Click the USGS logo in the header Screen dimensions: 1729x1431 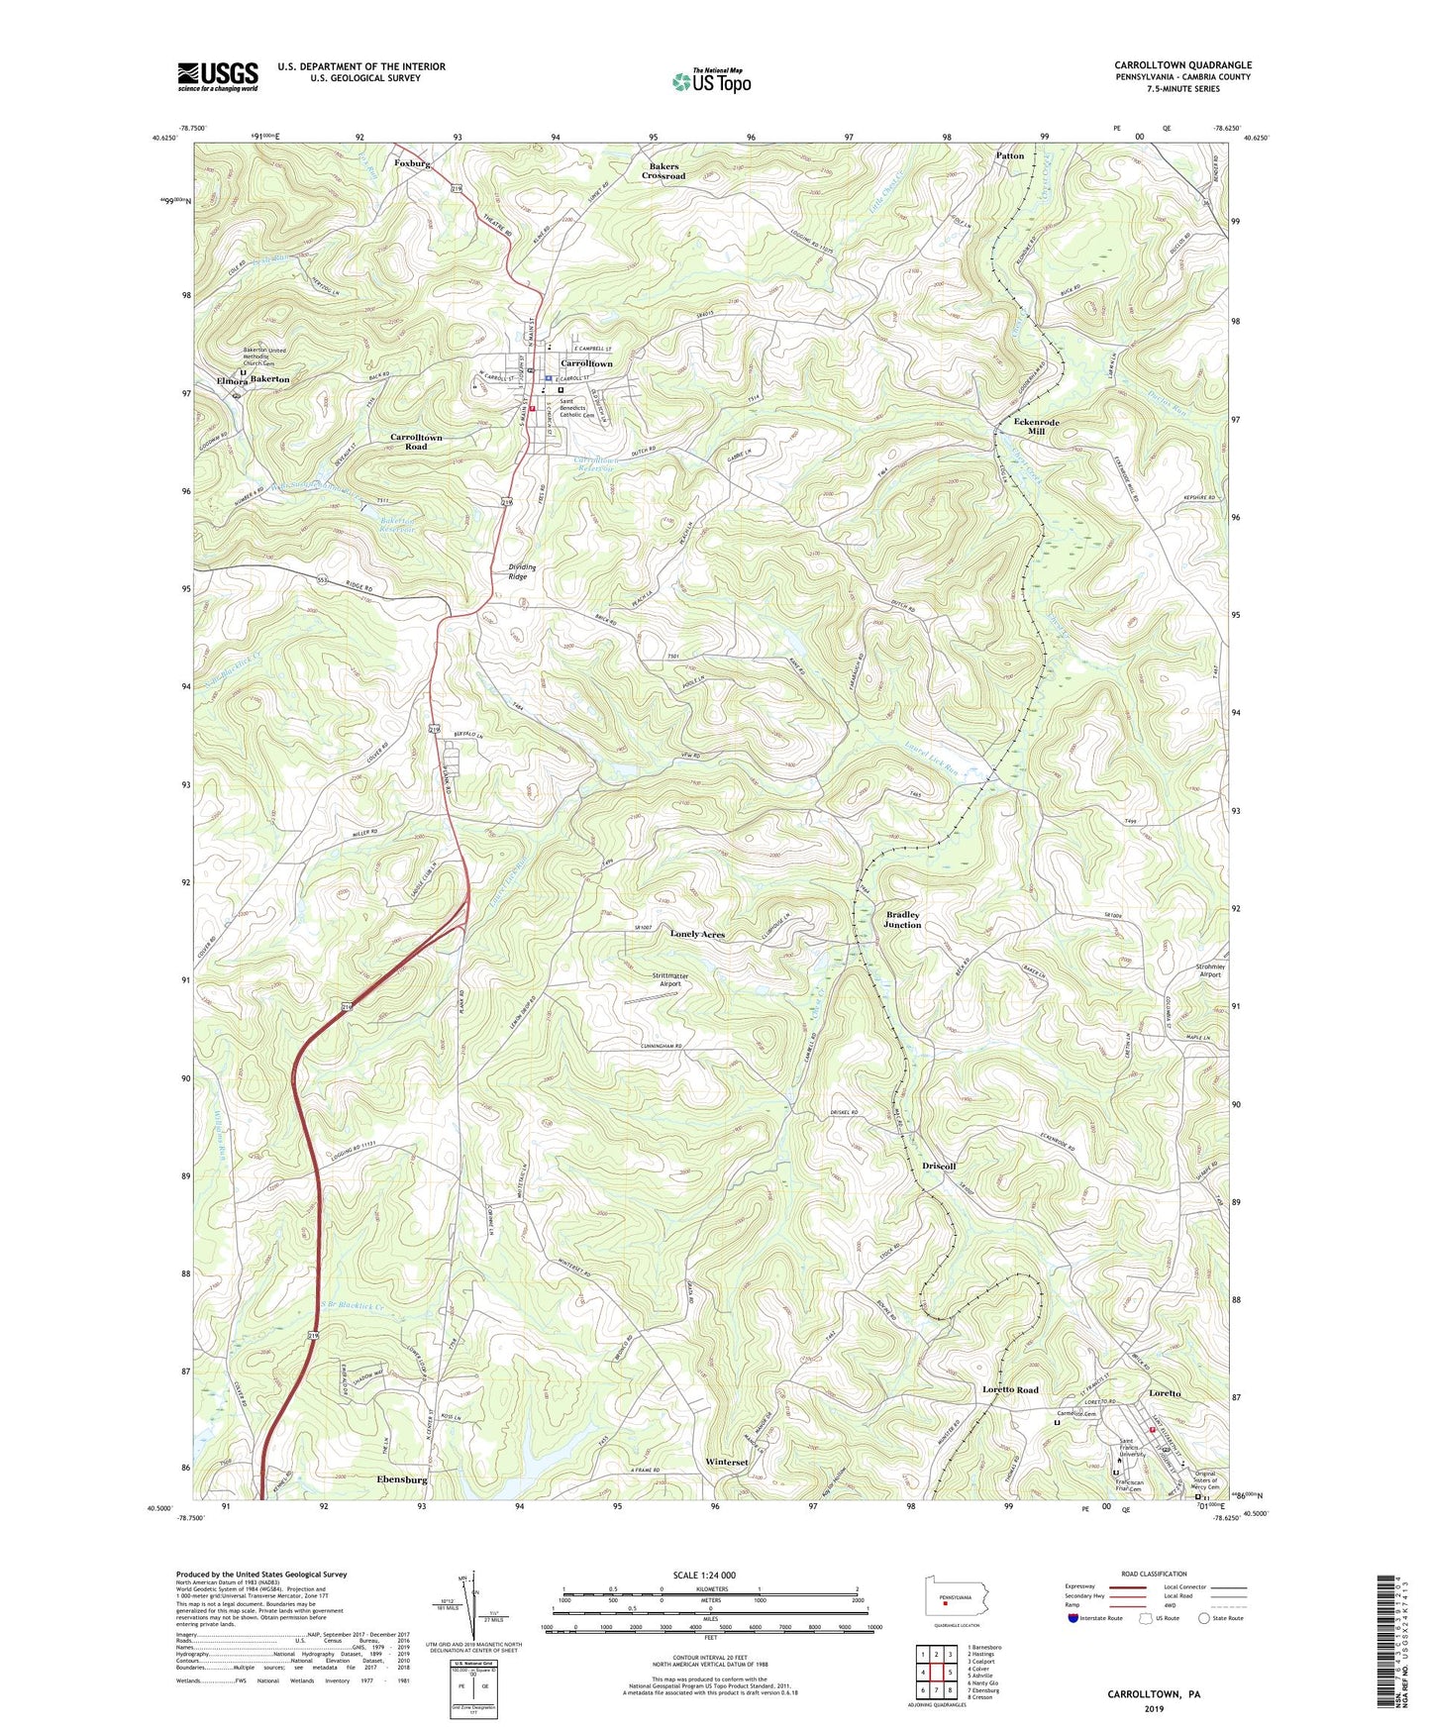(x=218, y=76)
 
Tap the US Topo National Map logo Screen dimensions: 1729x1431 (x=710, y=81)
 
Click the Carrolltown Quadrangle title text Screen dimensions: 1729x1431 (x=1181, y=65)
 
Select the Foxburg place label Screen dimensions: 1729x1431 (x=412, y=163)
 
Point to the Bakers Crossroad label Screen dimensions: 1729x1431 (x=663, y=171)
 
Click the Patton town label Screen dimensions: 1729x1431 (x=1009, y=156)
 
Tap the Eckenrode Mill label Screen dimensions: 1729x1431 (x=1036, y=427)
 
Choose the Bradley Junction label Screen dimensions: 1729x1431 (x=902, y=920)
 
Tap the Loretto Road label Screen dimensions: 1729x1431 (x=1010, y=1389)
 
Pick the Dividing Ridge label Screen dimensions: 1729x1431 (x=522, y=571)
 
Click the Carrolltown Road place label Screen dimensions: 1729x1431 (x=416, y=442)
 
